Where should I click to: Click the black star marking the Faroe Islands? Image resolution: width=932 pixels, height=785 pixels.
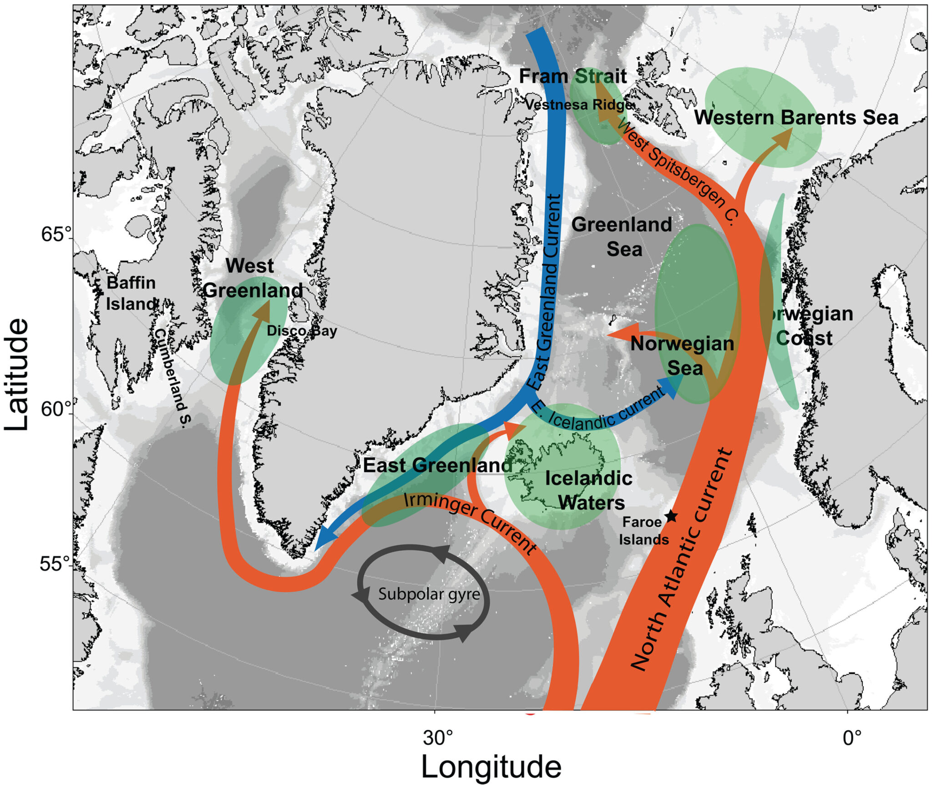click(x=671, y=516)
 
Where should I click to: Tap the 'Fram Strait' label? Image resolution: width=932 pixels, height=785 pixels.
click(x=573, y=76)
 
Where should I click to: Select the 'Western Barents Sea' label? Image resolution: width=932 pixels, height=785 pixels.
click(x=796, y=118)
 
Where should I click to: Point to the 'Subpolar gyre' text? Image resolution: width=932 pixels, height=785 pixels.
click(x=429, y=594)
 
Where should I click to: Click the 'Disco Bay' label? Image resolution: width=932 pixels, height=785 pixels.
click(x=302, y=330)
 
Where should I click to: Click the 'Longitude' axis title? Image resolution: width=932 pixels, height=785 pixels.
click(x=491, y=767)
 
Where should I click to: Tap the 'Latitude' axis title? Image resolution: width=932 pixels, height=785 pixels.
click(x=17, y=375)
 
